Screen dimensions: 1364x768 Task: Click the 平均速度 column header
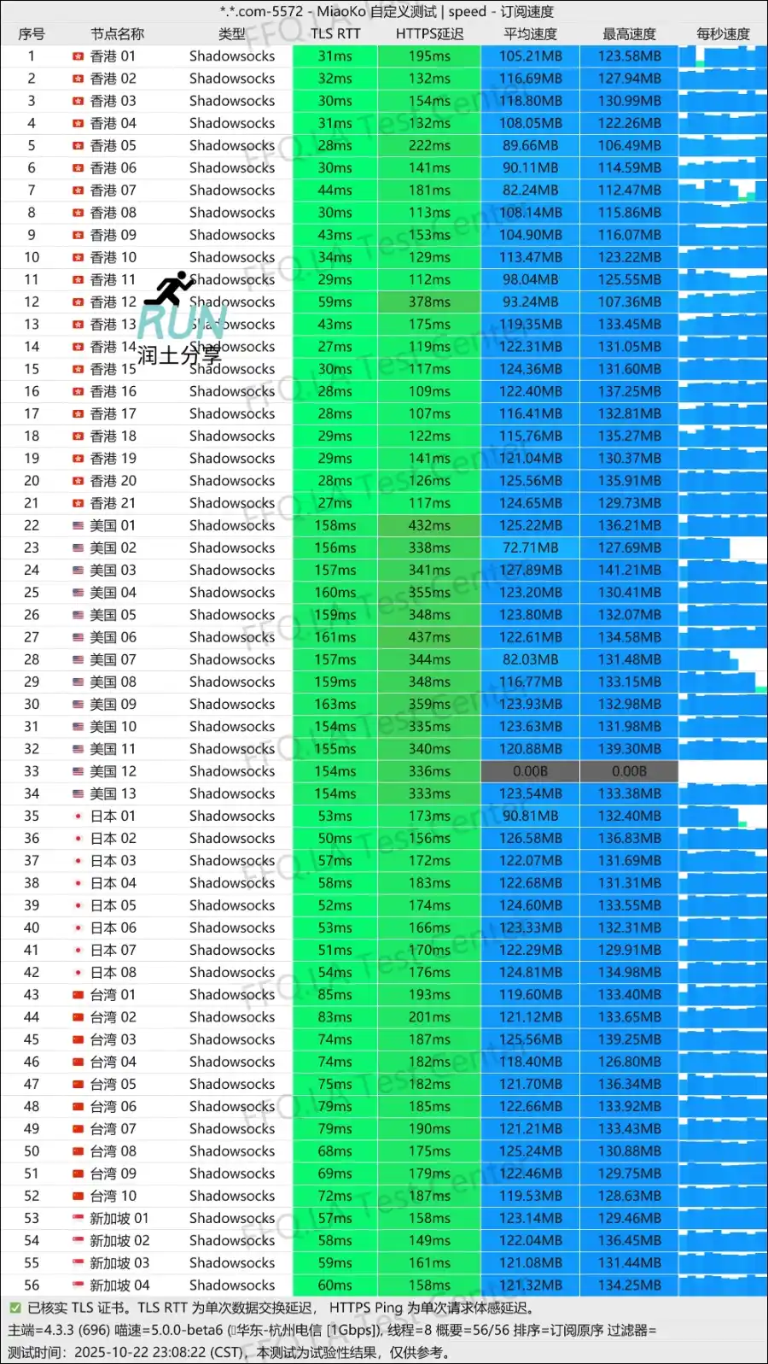pos(530,34)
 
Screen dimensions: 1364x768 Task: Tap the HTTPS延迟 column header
pos(429,34)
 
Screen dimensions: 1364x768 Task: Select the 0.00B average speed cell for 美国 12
pos(530,771)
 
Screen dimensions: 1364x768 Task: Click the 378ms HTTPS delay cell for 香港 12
pos(429,302)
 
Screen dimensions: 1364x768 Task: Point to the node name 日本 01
pos(113,816)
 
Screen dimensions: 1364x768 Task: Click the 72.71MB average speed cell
pos(530,547)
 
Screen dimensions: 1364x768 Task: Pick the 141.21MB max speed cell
pos(629,570)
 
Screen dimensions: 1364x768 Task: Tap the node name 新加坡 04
pos(119,1285)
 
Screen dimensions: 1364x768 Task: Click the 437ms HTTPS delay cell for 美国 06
pos(429,637)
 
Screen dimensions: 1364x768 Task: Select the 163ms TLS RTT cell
pos(335,704)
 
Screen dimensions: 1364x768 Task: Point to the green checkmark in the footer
pos(15,1308)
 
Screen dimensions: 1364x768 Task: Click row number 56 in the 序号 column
pos(32,1285)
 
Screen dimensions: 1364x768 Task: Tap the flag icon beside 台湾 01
pos(78,994)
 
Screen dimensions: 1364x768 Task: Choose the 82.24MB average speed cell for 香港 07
pos(530,190)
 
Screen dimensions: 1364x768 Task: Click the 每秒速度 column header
pos(723,34)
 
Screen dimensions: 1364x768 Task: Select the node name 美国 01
pos(113,525)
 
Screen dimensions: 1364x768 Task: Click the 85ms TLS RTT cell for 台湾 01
pos(335,994)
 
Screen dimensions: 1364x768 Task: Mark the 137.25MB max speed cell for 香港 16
pos(629,391)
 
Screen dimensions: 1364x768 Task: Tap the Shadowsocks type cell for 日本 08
pos(232,972)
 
